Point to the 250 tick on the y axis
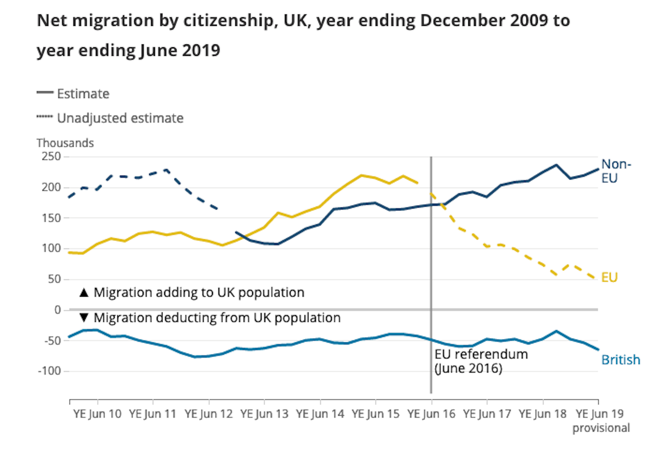coord(51,156)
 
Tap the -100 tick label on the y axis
coord(49,371)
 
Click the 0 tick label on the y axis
coord(58,310)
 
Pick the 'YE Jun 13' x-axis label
coord(264,414)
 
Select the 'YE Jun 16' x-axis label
coord(431,414)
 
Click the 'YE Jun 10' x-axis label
coord(97,414)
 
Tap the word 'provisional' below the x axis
coord(601,428)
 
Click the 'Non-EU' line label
coord(616,171)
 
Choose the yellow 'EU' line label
coord(609,277)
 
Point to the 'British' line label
coord(621,360)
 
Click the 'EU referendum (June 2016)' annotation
coord(481,361)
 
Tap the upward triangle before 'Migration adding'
coord(84,293)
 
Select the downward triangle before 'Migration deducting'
coord(84,318)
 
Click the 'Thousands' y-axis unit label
coord(65,143)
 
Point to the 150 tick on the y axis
coord(51,218)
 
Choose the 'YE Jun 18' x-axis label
coord(542,414)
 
